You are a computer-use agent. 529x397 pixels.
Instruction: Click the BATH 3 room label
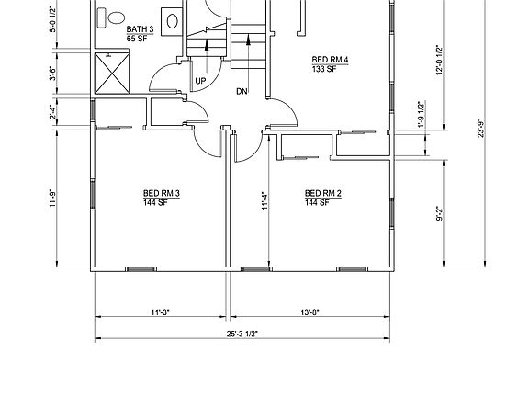coord(140,30)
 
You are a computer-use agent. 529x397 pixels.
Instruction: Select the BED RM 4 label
coord(330,61)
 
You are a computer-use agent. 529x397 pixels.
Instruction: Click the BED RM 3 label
coord(161,192)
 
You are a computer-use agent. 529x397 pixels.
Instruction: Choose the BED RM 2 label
coord(323,192)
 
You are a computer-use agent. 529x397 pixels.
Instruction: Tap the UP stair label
coord(198,81)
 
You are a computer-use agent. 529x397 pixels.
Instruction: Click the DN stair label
coord(241,91)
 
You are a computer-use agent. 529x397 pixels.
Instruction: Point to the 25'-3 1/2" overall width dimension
coord(242,333)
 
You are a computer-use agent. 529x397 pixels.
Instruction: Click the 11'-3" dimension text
coord(161,312)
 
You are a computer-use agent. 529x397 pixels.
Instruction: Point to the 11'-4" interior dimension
coord(264,200)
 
